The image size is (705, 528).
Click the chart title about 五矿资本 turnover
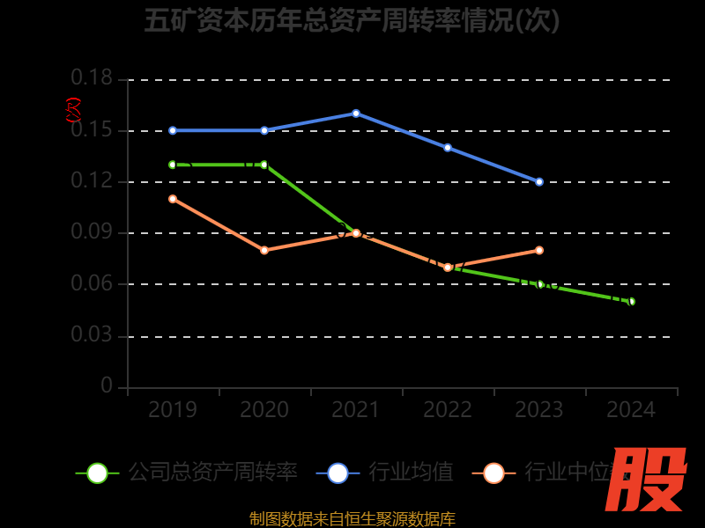[x=352, y=20]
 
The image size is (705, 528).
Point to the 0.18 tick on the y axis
[x=92, y=79]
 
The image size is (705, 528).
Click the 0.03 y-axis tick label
[x=92, y=335]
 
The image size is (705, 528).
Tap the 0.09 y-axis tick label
[x=92, y=233]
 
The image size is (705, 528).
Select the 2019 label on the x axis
[x=173, y=410]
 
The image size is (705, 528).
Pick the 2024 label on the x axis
[x=631, y=410]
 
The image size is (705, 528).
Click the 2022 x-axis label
[x=448, y=410]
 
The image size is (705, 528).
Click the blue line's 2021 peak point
[x=356, y=114]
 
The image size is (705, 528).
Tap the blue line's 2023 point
[x=539, y=181]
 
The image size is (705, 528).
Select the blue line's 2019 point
[x=173, y=130]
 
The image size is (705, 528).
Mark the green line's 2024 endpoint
[x=631, y=301]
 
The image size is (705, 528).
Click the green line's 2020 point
[x=264, y=165]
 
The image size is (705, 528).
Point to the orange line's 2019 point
[x=173, y=199]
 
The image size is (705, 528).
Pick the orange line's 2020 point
[x=264, y=250]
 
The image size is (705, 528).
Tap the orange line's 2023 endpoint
[x=539, y=250]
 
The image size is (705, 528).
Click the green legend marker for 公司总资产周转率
[x=97, y=473]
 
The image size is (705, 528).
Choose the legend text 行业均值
[x=411, y=473]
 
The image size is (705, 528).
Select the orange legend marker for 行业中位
[x=493, y=473]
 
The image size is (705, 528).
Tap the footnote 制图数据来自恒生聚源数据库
[x=352, y=518]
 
